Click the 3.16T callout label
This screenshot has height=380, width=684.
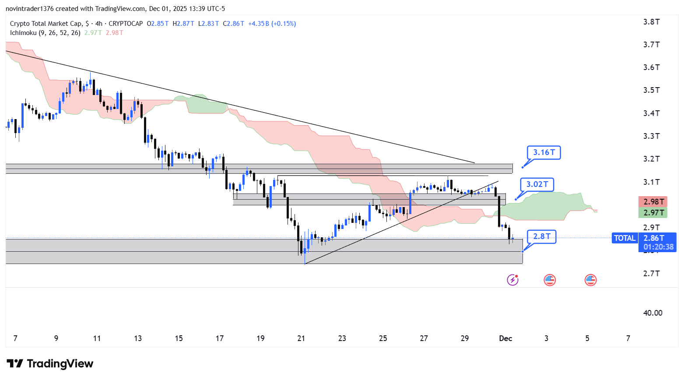pyautogui.click(x=544, y=152)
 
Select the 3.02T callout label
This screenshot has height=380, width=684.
pyautogui.click(x=537, y=184)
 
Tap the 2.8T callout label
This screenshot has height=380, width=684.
pyautogui.click(x=541, y=236)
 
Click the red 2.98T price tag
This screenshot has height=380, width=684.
pyautogui.click(x=652, y=201)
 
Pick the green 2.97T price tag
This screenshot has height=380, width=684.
pyautogui.click(x=652, y=213)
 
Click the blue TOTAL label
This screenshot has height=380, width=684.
pyautogui.click(x=624, y=238)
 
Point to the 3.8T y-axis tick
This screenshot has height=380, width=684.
pyautogui.click(x=651, y=22)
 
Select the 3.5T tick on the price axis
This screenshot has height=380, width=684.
pyautogui.click(x=651, y=90)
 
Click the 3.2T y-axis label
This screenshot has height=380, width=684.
pyautogui.click(x=651, y=159)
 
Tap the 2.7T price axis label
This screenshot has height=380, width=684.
pyautogui.click(x=651, y=274)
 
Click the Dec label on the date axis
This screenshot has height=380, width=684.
pyautogui.click(x=505, y=338)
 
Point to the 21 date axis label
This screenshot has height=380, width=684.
pyautogui.click(x=301, y=338)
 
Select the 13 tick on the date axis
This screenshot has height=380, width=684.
pyautogui.click(x=138, y=338)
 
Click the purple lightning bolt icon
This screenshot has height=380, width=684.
pyautogui.click(x=512, y=280)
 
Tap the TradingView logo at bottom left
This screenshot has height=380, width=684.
pyautogui.click(x=50, y=364)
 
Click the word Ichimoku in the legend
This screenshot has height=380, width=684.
pyautogui.click(x=23, y=33)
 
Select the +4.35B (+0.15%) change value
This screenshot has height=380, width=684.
pyautogui.click(x=272, y=24)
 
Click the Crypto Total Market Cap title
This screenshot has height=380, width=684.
pyautogui.click(x=46, y=24)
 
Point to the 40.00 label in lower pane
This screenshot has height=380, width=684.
pyautogui.click(x=652, y=313)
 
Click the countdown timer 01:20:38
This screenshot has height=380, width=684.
pyautogui.click(x=658, y=247)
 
